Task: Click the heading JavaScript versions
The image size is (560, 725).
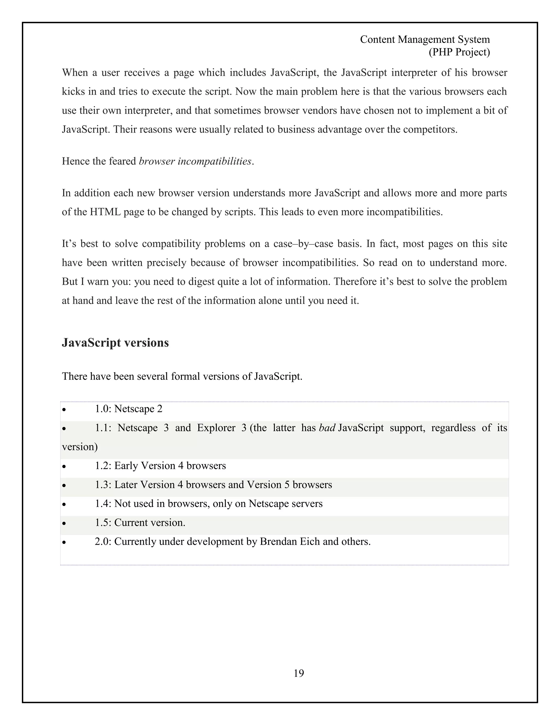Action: click(115, 343)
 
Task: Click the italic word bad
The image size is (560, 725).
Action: click(327, 428)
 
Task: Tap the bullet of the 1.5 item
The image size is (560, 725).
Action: click(64, 523)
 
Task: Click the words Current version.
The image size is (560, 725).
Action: click(150, 523)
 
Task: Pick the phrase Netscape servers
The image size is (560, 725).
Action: click(285, 504)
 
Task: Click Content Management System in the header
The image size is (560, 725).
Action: click(425, 39)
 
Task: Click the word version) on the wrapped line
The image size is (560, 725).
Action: click(80, 447)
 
